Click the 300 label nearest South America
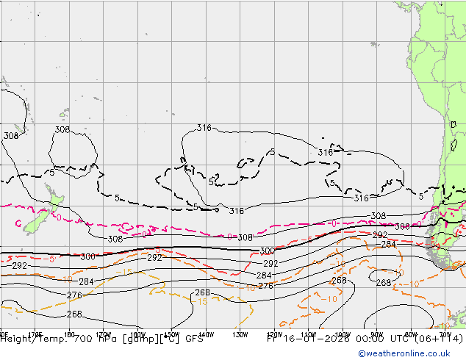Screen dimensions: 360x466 click(x=402, y=227)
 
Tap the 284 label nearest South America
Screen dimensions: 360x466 click(x=388, y=245)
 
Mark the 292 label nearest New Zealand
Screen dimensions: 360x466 click(x=20, y=266)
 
